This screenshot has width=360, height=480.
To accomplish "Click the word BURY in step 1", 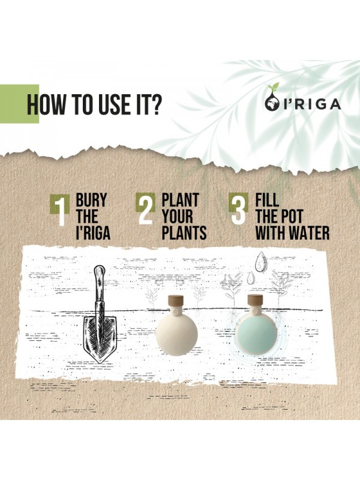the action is pyautogui.click(x=92, y=200).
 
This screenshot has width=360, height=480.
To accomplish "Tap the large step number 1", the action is pyautogui.click(x=61, y=212).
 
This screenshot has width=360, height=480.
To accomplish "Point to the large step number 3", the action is pyautogui.click(x=239, y=210).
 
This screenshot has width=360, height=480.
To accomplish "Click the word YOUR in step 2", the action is pyautogui.click(x=177, y=217).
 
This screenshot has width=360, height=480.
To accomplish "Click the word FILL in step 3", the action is pyautogui.click(x=267, y=200).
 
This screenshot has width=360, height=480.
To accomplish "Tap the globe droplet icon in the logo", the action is pyautogui.click(x=271, y=103).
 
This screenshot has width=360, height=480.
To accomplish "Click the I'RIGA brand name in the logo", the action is pyautogui.click(x=312, y=104).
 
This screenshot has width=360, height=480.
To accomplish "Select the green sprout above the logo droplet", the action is pyautogui.click(x=273, y=88).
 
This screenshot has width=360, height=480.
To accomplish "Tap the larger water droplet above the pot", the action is pyautogui.click(x=261, y=262).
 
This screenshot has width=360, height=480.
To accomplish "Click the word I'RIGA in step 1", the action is pyautogui.click(x=93, y=233).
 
